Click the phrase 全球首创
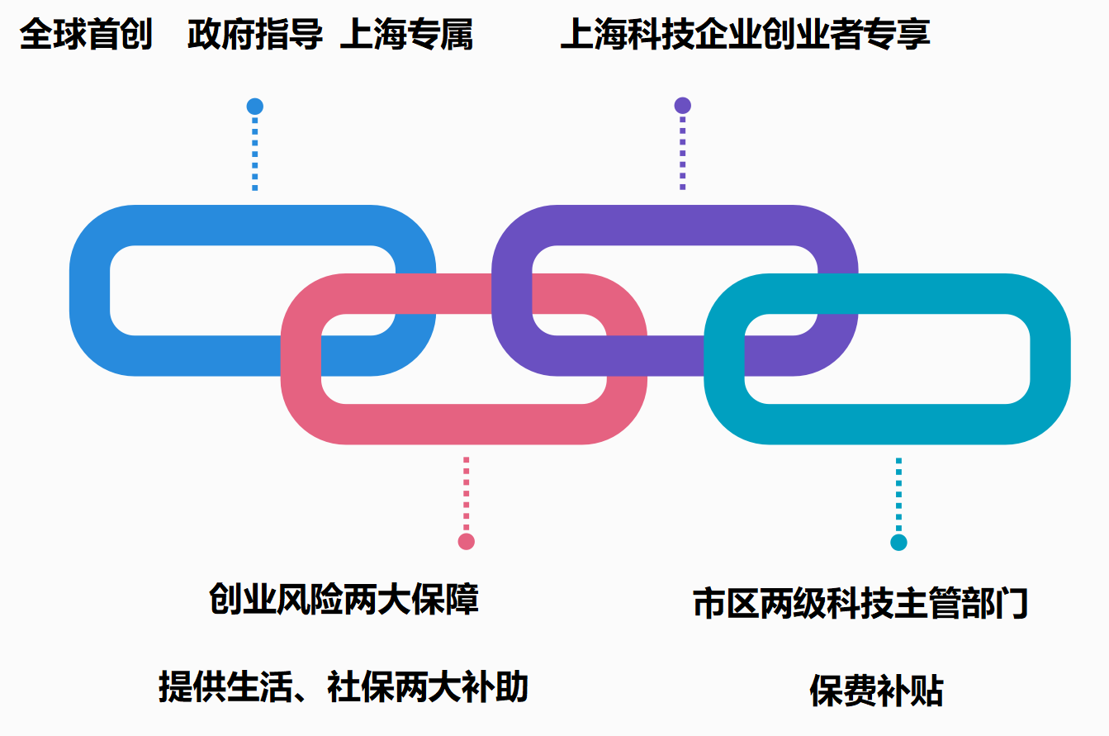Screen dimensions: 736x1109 (86, 36)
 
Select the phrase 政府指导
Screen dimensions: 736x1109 (254, 36)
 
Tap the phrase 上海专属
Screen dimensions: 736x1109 (406, 36)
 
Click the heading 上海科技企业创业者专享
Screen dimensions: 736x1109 (745, 36)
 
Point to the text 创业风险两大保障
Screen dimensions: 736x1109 (344, 599)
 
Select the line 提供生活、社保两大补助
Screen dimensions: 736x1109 (344, 687)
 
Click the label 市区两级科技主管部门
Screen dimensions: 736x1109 (860, 603)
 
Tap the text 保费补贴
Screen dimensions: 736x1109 (876, 691)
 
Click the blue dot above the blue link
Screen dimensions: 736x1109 (255, 107)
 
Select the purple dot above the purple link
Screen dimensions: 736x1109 (682, 106)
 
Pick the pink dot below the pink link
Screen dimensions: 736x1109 (466, 542)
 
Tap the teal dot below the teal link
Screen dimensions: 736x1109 (898, 543)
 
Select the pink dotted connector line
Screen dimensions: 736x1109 (466, 493)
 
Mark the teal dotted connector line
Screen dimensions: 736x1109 (898, 493)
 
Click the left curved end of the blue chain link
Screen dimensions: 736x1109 (90, 291)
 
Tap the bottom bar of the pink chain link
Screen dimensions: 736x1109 (463, 424)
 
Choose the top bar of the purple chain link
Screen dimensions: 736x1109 (675, 225)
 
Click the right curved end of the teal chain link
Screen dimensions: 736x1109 (1050, 359)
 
